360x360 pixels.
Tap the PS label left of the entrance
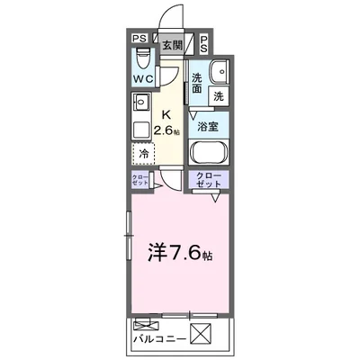pos(139,39)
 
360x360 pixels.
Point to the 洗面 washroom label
pos(197,83)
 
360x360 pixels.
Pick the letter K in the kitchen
pos(166,114)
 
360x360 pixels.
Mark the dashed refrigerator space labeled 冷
pos(145,155)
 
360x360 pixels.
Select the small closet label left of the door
pos(139,180)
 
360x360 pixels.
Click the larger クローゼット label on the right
pos(208,180)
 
